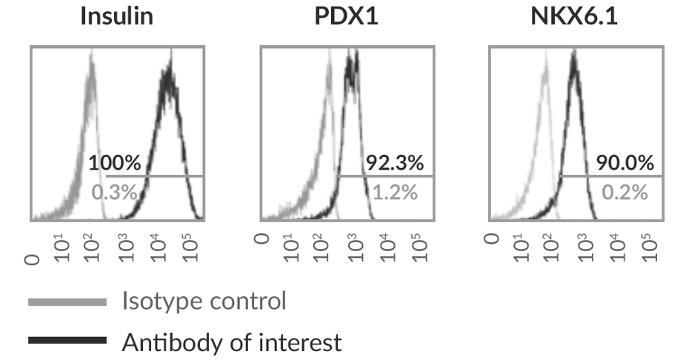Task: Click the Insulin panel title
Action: (116, 17)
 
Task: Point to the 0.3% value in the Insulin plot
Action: (115, 193)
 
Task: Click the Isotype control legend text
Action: (204, 301)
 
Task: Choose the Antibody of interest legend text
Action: (232, 341)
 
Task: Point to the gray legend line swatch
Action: (67, 302)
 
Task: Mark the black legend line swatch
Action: (67, 341)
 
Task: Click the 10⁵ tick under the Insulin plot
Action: (187, 247)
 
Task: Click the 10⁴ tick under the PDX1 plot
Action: (385, 247)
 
